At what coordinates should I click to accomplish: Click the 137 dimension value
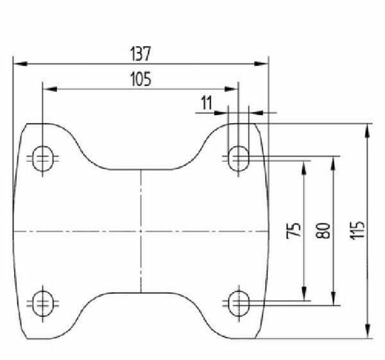pyautogui.click(x=140, y=54)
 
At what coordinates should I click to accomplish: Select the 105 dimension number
pyautogui.click(x=141, y=79)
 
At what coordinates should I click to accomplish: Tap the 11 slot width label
pyautogui.click(x=207, y=103)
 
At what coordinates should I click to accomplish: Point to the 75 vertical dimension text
pyautogui.click(x=293, y=230)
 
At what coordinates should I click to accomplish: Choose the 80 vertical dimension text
pyautogui.click(x=323, y=230)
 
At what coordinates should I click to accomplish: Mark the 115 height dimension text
pyautogui.click(x=357, y=230)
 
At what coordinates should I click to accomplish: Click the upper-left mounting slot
pyautogui.click(x=43, y=159)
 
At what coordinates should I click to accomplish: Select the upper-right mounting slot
pyautogui.click(x=239, y=159)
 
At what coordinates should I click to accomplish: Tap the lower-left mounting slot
pyautogui.click(x=43, y=304)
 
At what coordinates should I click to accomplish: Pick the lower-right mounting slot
pyautogui.click(x=239, y=304)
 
